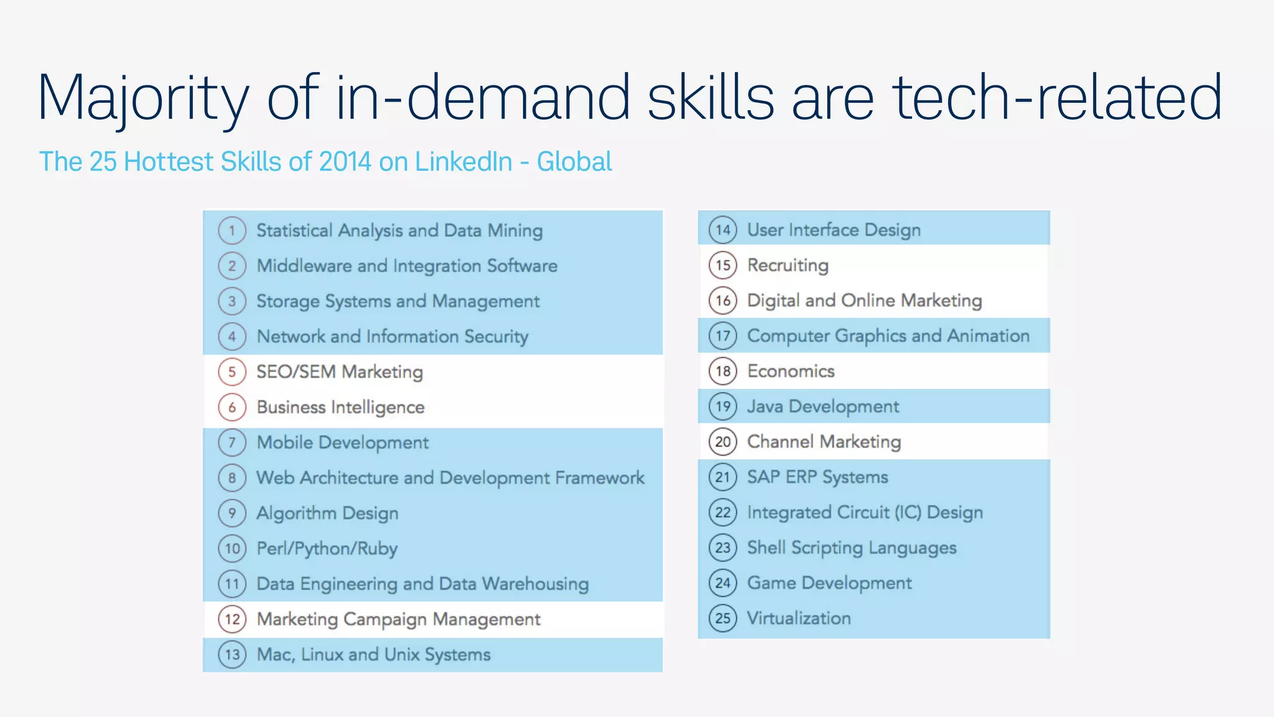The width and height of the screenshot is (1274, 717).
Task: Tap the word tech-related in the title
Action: [x=1058, y=97]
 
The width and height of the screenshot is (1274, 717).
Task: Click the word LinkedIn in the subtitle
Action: [x=463, y=162]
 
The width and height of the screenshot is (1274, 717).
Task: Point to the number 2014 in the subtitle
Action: [x=345, y=162]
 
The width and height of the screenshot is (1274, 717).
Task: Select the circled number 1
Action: [x=232, y=230]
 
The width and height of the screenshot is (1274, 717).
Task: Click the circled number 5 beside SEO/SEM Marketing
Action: [x=232, y=372]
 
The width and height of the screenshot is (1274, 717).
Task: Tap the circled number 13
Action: [x=232, y=655]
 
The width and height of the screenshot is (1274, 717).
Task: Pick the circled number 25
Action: [x=722, y=618]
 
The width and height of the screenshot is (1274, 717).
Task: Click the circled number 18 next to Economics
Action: [x=722, y=371]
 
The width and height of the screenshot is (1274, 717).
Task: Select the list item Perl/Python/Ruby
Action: [x=327, y=549]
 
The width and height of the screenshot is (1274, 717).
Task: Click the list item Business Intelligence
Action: [x=340, y=407]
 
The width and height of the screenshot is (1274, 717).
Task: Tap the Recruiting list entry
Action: [x=788, y=265]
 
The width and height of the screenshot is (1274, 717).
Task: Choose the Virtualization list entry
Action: [x=799, y=618]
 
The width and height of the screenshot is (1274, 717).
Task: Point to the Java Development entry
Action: [x=822, y=406]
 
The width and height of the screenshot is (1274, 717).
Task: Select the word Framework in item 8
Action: [x=600, y=478]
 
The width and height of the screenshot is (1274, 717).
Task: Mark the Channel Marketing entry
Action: [x=824, y=442]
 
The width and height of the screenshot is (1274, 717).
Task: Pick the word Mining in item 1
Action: [x=514, y=230]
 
